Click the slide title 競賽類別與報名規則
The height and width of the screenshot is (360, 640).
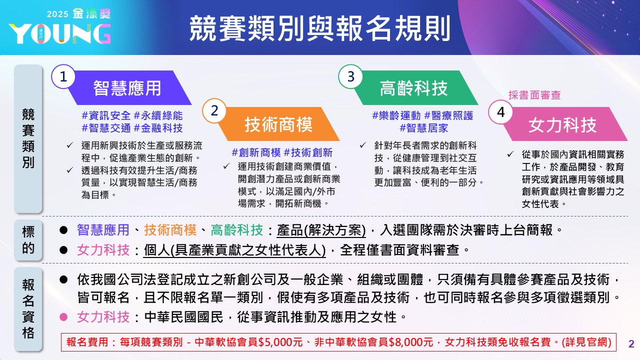pyautogui.click(x=319, y=28)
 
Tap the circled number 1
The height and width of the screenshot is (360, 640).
pyautogui.click(x=63, y=77)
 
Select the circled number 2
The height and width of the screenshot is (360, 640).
pyautogui.click(x=214, y=111)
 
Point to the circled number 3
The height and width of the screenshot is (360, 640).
pyautogui.click(x=350, y=76)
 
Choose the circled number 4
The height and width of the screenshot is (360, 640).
pyautogui.click(x=500, y=113)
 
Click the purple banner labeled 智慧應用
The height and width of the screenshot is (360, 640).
pyautogui.click(x=127, y=88)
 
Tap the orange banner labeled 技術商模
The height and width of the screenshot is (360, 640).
pyautogui.click(x=278, y=124)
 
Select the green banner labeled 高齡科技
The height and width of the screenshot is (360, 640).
pyautogui.click(x=413, y=88)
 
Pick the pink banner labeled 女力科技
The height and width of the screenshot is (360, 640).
pyautogui.click(x=562, y=124)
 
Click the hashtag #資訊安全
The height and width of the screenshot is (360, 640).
pyautogui.click(x=106, y=115)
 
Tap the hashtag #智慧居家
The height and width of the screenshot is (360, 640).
pyautogui.click(x=423, y=128)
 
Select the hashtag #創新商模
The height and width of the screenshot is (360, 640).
pyautogui.click(x=255, y=152)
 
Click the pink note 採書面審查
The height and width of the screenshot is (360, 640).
pyautogui.click(x=534, y=95)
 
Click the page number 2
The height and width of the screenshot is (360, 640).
pyautogui.click(x=631, y=344)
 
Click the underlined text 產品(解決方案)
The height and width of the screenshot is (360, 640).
pyautogui.click(x=321, y=230)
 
